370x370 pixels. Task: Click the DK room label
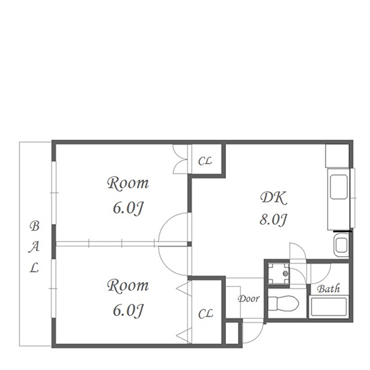click(x=274, y=198)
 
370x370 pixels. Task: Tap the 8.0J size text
click(x=273, y=219)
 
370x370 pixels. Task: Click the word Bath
click(x=328, y=289)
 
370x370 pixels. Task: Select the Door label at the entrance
click(x=248, y=299)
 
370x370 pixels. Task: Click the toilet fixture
click(x=284, y=303)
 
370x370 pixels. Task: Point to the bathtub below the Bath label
click(x=329, y=307)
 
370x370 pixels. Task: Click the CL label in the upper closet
click(x=205, y=161)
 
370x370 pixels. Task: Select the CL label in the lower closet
click(x=206, y=314)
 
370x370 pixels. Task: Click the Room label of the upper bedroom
click(x=128, y=183)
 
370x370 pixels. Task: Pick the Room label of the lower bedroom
click(x=128, y=285)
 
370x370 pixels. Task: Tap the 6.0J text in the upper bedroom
click(x=128, y=208)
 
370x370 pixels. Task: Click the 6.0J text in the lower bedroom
click(x=128, y=311)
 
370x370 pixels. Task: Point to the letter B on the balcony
click(x=34, y=226)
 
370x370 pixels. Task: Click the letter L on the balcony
click(x=34, y=268)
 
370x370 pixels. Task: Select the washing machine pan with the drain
click(x=279, y=273)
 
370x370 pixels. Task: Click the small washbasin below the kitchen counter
click(x=341, y=245)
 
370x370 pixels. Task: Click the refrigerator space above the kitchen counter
click(x=337, y=156)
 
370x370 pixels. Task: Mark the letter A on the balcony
click(x=34, y=247)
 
